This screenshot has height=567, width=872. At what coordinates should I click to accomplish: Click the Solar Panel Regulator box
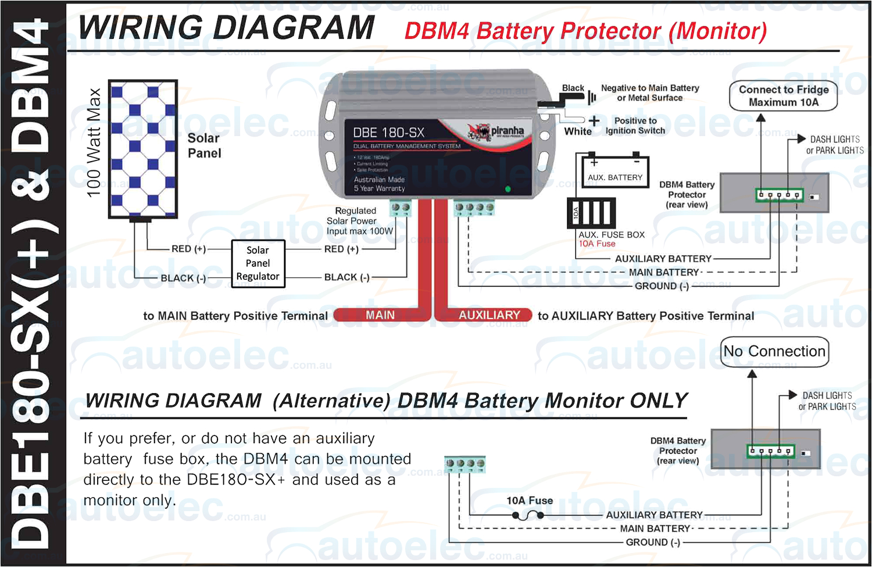[258, 263]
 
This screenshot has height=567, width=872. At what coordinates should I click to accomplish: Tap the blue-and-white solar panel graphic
[143, 149]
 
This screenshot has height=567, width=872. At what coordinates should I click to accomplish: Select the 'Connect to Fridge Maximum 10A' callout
[783, 96]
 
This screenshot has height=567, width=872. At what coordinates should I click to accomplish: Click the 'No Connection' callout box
[774, 352]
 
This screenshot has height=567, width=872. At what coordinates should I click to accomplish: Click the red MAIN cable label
[380, 315]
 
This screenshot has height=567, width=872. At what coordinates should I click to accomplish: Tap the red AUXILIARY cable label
[489, 315]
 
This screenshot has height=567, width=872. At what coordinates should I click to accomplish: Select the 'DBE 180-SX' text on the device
[388, 133]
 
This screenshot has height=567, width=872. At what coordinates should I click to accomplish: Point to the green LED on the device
[508, 189]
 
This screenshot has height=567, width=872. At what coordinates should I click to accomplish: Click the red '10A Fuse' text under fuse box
[596, 244]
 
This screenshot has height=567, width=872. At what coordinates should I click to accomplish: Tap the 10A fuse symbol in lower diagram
[528, 515]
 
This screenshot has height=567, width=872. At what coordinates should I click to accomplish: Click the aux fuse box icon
[591, 213]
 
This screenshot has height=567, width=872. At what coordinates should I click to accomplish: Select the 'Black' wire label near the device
[573, 88]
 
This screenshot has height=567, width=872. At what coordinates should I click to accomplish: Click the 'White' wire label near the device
[577, 131]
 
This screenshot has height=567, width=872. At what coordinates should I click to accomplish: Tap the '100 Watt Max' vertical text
[94, 143]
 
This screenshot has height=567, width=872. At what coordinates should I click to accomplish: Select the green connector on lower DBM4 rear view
[770, 451]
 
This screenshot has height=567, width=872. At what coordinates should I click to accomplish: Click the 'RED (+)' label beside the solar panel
[188, 249]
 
